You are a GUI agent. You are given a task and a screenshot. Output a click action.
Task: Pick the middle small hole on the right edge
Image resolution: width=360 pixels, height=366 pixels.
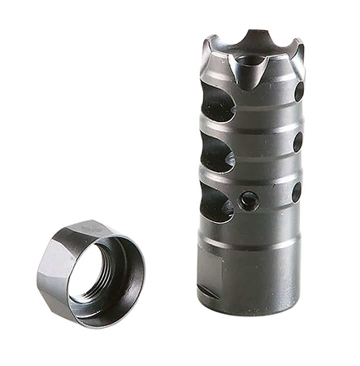point(297,141)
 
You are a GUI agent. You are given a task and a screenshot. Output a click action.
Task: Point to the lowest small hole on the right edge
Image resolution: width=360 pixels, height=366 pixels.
point(296,192)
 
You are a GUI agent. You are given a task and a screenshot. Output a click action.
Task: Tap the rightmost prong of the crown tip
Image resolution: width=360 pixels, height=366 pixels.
point(300,50)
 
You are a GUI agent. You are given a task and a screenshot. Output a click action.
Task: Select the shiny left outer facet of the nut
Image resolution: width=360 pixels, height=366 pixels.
point(50,268)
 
